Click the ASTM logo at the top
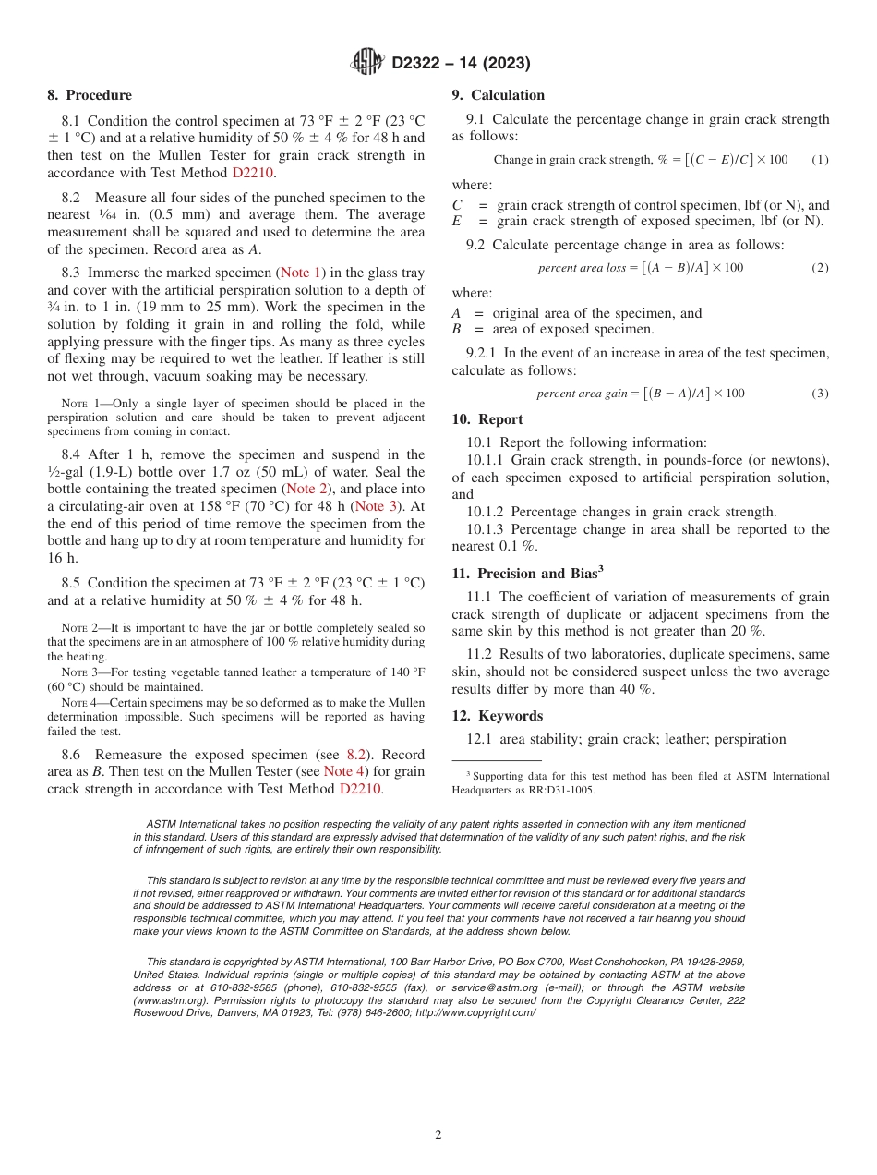(368, 62)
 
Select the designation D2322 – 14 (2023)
(461, 63)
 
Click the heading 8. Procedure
(90, 95)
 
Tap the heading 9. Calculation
(498, 95)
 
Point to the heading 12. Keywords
(497, 716)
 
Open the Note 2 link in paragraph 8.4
(307, 489)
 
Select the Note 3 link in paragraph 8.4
(376, 506)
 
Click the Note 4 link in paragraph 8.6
(344, 771)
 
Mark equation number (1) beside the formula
(820, 160)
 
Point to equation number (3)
(820, 394)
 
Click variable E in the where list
(457, 222)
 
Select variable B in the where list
(457, 330)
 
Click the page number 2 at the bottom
(438, 1135)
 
